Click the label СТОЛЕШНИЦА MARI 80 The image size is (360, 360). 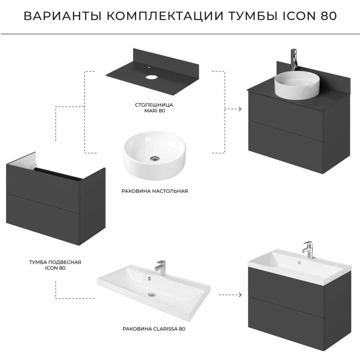point(154,108)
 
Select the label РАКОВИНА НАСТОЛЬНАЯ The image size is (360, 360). point(154,191)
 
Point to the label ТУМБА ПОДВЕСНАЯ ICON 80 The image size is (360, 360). point(55,265)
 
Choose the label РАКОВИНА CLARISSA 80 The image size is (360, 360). point(154,329)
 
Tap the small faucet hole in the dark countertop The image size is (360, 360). point(149,68)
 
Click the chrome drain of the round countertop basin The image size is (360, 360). point(155,158)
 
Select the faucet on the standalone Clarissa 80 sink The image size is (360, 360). point(161,268)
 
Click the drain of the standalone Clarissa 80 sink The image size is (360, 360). point(151,294)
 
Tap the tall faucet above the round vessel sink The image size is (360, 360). point(294,60)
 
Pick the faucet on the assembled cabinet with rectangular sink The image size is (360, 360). point(307,250)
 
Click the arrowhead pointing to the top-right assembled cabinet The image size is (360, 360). point(240,109)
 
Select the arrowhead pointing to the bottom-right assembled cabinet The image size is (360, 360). point(240,294)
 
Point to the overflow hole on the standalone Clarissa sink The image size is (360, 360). point(149,279)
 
